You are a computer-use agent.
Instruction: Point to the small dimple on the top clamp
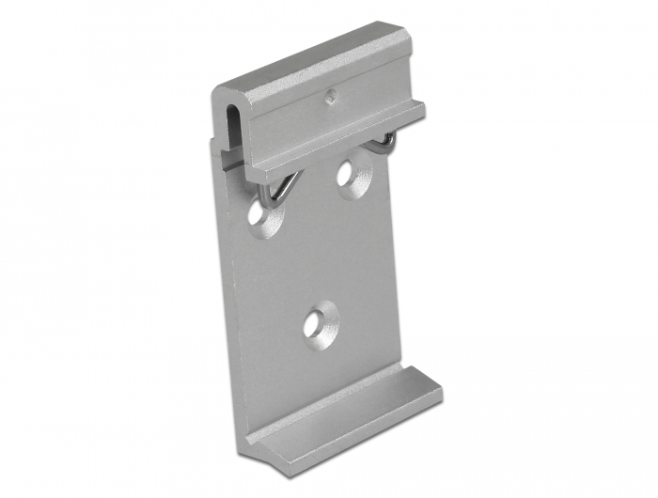330,94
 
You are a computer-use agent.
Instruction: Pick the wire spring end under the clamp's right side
385,143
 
